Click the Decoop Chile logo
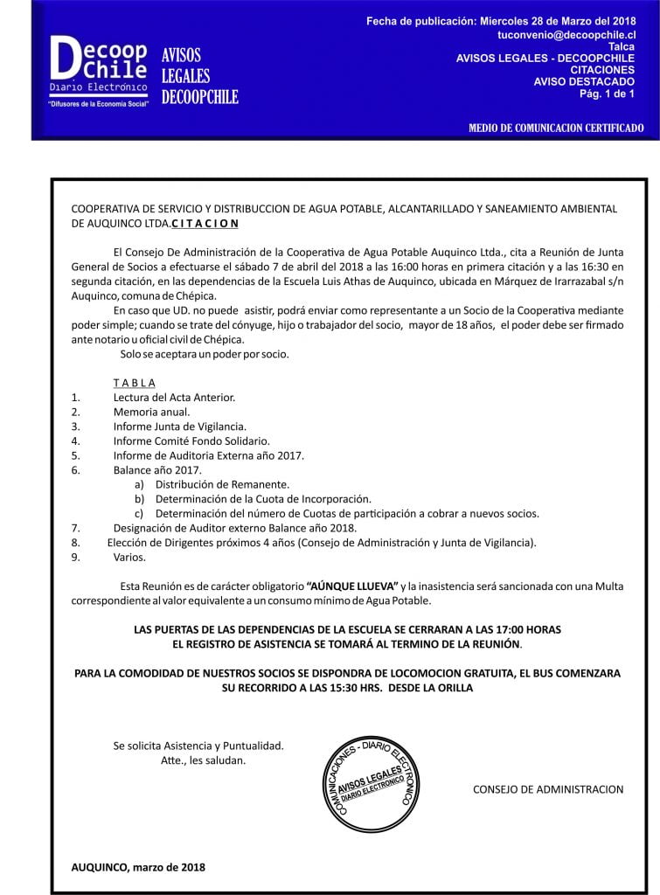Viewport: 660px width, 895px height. pyautogui.click(x=100, y=71)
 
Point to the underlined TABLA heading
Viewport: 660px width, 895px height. pyautogui.click(x=134, y=383)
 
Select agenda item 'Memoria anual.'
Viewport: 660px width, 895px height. pyautogui.click(x=151, y=412)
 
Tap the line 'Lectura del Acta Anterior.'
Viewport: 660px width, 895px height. pyautogui.click(x=174, y=397)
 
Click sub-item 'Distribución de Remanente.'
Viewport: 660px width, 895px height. pyautogui.click(x=222, y=484)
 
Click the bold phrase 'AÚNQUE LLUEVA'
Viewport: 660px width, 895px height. pyautogui.click(x=352, y=586)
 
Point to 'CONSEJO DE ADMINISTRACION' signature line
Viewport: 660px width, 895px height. pyautogui.click(x=548, y=789)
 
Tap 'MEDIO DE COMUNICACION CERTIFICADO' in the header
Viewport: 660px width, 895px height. pyautogui.click(x=556, y=128)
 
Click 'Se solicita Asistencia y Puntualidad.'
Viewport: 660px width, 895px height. pyautogui.click(x=198, y=746)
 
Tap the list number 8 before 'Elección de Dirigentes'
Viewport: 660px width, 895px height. pyautogui.click(x=76, y=543)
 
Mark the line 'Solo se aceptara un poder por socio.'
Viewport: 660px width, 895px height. pyautogui.click(x=205, y=354)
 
